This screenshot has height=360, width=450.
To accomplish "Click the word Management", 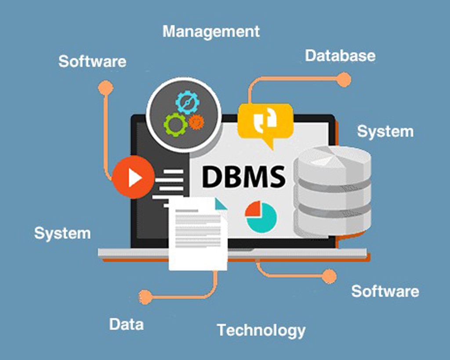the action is (x=211, y=32).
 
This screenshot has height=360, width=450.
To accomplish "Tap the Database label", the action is (x=340, y=56).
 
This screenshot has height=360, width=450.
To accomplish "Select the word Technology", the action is (x=261, y=331).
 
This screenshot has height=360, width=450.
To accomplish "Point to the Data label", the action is (x=126, y=324).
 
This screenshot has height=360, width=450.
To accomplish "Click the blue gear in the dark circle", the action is (x=188, y=102).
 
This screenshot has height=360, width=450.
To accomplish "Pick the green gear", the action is (x=176, y=124).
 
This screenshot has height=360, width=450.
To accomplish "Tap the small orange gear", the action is (x=196, y=122).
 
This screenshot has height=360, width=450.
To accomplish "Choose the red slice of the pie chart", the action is (x=253, y=209).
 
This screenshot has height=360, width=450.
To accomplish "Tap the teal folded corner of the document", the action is (x=221, y=204).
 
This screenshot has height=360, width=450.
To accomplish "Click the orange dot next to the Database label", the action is (x=344, y=80).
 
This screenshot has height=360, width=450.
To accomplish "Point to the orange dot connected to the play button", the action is (x=105, y=87).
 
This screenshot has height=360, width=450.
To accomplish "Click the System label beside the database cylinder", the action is (x=385, y=132).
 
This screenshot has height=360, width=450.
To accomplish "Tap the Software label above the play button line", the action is (x=92, y=62).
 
